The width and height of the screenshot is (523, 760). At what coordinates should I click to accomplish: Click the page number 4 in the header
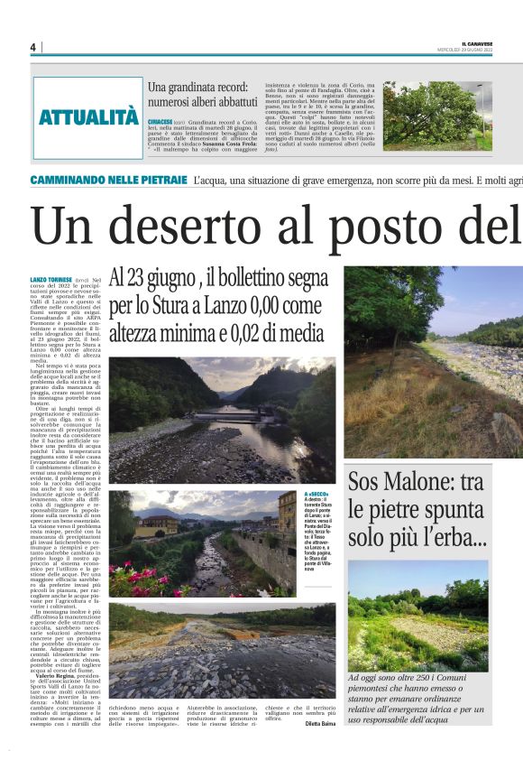coord(32,47)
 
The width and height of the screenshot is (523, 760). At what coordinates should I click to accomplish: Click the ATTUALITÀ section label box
coord(88,116)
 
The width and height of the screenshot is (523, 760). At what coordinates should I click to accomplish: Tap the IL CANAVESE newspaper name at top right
coord(478,42)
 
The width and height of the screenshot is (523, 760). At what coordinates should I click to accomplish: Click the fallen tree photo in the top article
coord(437,115)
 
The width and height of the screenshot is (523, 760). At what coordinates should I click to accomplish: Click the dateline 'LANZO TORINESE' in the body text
coord(50,283)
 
